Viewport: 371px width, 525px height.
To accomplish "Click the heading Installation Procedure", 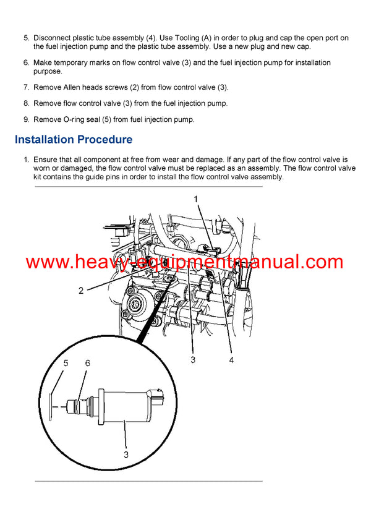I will coord(73,140).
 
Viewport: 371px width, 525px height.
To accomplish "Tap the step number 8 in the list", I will coord(26,103).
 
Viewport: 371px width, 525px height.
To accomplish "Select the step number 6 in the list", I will coord(26,63).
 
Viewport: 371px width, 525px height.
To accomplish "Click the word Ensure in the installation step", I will coord(46,160).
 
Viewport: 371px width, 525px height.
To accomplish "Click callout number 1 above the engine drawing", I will coord(195,199).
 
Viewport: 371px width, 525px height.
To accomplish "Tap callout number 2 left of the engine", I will coord(81,290).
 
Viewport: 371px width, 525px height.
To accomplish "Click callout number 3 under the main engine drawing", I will coord(193,359).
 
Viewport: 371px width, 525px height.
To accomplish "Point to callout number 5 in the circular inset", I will coord(66,364).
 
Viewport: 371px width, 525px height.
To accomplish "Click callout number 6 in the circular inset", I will coord(87,364).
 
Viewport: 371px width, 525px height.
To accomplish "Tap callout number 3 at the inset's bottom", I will coord(126,455).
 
